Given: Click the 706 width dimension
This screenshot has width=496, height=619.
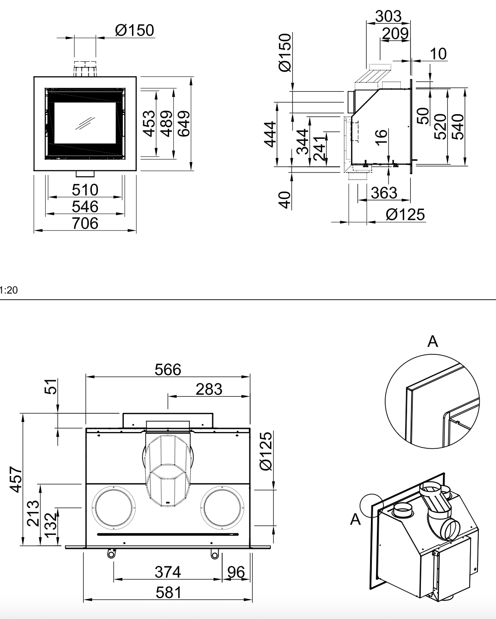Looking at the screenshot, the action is point(85,223).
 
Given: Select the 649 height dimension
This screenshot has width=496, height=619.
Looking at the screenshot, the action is point(184,123).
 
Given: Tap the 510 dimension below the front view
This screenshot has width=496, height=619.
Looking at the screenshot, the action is point(85,190).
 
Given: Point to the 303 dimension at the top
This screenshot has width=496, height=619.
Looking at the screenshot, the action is point(388,16).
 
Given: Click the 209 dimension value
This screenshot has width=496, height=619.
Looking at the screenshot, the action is point(395,33).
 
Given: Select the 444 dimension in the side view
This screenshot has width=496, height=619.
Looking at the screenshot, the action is point(270,134).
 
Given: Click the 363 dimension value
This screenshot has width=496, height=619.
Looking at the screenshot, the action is point(384,193).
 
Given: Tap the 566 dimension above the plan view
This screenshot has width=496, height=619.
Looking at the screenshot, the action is point(168,369).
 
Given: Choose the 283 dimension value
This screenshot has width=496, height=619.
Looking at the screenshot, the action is point(209,390).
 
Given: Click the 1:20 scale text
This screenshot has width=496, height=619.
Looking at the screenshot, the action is point(9,290).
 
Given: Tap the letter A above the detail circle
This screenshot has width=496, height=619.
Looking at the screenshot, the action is point(433,342).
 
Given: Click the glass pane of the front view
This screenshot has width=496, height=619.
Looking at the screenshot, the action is point(85,123).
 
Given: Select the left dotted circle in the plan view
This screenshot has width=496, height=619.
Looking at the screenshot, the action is point(114,508).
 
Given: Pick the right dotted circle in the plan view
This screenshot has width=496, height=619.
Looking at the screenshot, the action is point(222,508).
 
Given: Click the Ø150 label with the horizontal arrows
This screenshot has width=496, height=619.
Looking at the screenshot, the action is point(135,31).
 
